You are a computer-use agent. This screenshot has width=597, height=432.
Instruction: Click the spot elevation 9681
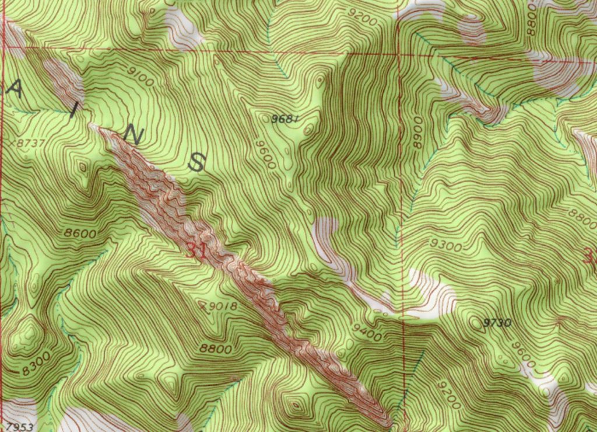click(x=286, y=119)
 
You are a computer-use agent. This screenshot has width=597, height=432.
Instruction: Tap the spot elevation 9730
click(x=497, y=322)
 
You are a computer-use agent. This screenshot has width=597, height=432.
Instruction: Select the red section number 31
click(x=196, y=252)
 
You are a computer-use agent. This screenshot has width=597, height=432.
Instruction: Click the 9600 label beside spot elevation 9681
click(x=265, y=152)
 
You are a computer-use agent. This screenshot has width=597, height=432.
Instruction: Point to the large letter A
click(x=18, y=90)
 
